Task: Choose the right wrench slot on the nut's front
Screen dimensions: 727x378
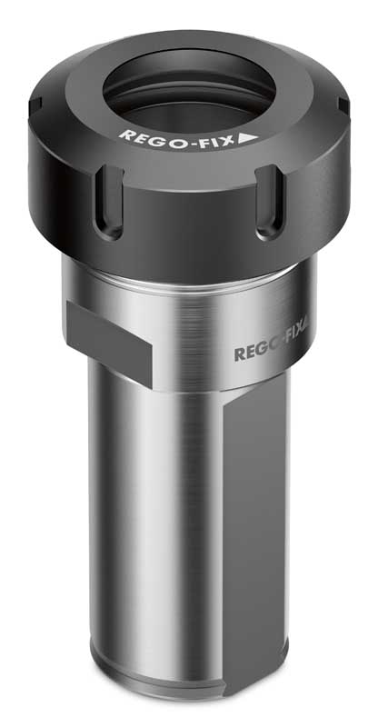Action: click(269, 204)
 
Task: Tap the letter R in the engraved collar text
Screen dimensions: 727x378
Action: click(240, 353)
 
